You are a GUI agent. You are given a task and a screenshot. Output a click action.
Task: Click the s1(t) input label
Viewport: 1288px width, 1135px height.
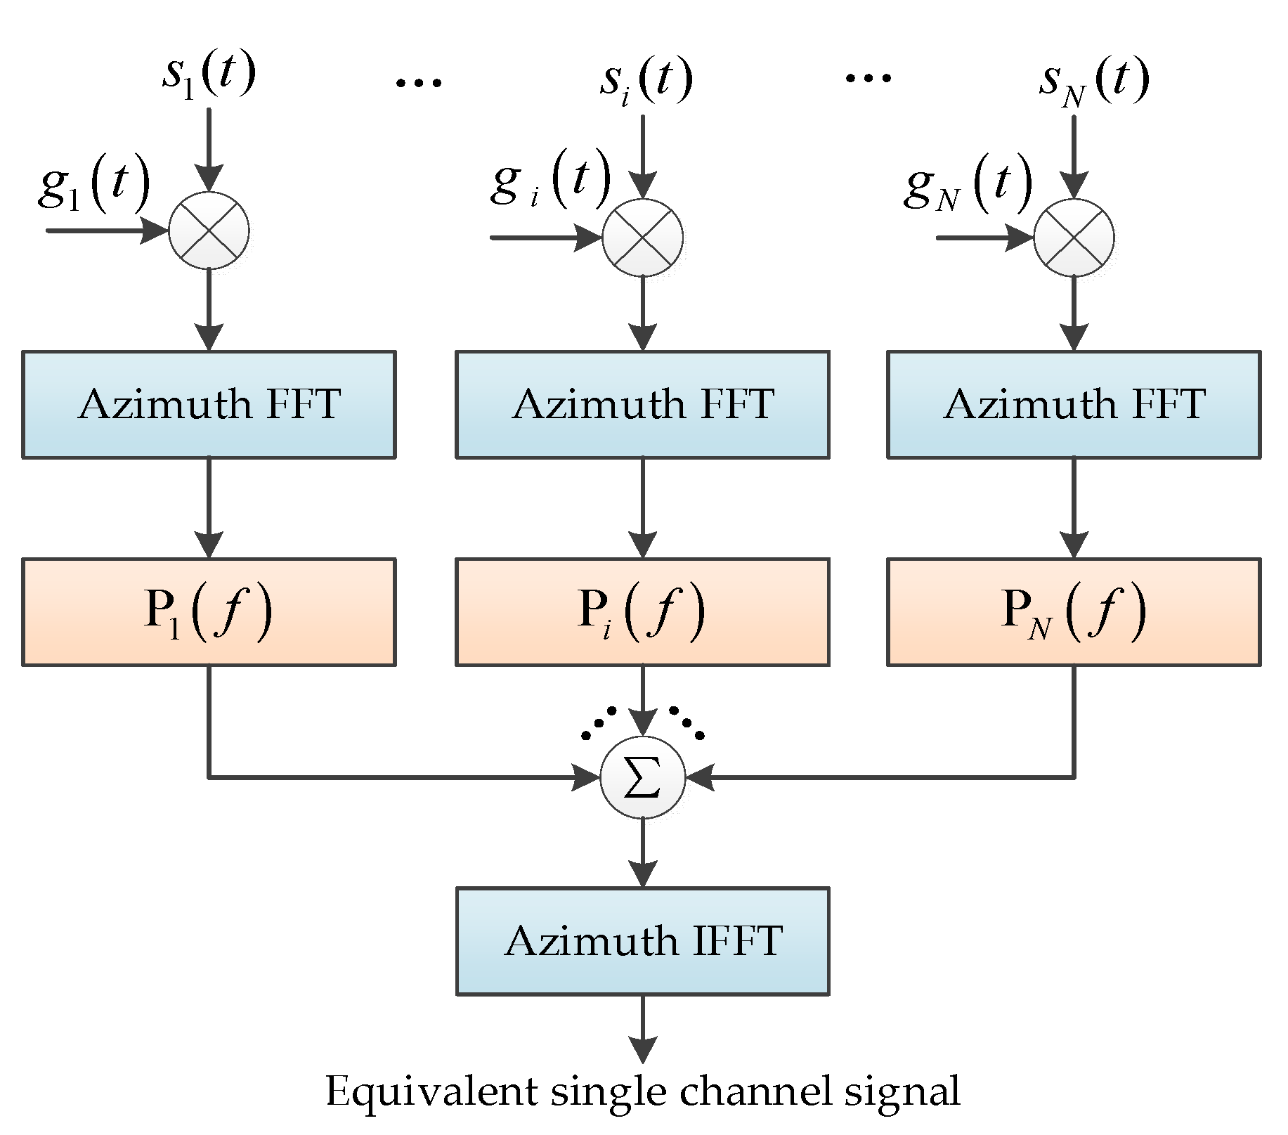click(x=209, y=74)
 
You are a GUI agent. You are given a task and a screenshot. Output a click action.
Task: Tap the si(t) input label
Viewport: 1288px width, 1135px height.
click(x=646, y=80)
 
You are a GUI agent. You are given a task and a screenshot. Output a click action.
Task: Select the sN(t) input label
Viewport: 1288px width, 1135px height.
click(x=1094, y=81)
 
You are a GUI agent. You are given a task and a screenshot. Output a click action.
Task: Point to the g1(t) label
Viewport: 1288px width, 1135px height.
click(x=94, y=182)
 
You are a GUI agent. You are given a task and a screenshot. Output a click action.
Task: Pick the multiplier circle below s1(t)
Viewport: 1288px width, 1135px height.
click(x=209, y=231)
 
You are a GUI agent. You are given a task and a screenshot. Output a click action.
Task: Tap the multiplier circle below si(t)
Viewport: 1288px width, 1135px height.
click(x=642, y=238)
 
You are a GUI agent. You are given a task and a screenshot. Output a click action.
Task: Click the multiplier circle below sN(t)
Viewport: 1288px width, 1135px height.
click(x=1074, y=238)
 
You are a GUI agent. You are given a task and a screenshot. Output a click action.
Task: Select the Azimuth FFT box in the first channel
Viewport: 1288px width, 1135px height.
click(x=209, y=405)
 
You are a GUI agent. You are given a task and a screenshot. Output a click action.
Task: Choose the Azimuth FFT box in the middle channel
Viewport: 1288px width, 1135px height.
click(x=642, y=405)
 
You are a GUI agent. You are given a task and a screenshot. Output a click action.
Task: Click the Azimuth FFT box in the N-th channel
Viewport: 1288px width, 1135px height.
click(x=1074, y=405)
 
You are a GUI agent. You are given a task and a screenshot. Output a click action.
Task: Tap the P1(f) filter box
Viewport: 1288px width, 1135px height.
click(x=209, y=611)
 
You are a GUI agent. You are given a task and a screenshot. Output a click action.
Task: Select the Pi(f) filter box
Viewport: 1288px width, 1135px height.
click(x=642, y=611)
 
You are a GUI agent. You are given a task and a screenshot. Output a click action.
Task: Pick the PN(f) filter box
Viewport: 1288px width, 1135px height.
click(x=1074, y=611)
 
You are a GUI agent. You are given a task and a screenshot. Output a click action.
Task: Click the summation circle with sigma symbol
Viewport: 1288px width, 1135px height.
click(x=642, y=777)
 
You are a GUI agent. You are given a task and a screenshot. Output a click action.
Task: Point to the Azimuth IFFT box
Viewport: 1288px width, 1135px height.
click(x=642, y=941)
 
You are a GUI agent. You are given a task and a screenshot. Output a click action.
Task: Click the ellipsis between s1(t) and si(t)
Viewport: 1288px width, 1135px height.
click(x=419, y=83)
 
